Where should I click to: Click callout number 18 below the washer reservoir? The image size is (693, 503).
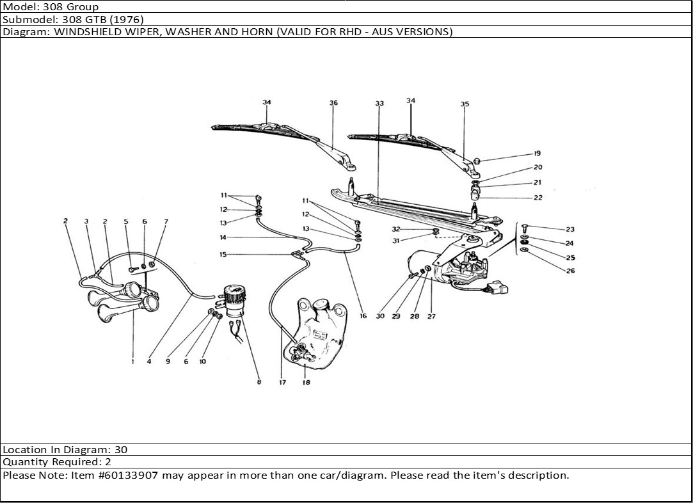306,383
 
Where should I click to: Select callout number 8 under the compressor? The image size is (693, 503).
259,383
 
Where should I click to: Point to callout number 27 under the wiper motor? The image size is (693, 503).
431,316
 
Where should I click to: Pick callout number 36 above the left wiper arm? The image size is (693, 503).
333,103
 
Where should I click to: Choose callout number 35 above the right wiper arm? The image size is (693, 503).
465,104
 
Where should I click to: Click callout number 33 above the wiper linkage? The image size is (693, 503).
379,103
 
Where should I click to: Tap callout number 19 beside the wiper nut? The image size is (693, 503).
537,154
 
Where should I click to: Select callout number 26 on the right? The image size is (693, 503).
570,271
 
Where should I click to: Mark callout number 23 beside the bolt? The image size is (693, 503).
570,229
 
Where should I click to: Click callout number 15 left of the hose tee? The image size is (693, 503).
223,254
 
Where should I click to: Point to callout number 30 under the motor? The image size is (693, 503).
380,316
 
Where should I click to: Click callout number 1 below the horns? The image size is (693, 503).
132,362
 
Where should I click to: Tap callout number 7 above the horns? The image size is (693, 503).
166,221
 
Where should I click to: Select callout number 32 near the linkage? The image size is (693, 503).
396,228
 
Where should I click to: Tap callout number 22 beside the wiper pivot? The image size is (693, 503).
538,198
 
